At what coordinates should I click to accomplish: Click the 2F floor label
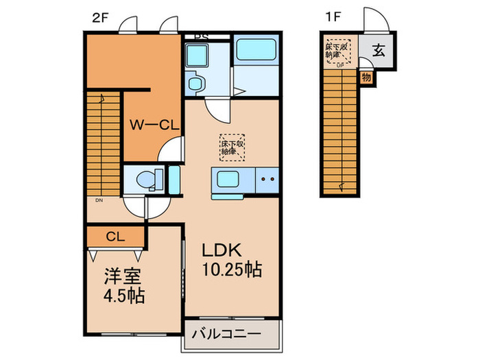[x=100, y=19]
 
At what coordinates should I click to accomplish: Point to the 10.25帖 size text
[x=230, y=269]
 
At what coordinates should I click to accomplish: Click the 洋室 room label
[x=118, y=279]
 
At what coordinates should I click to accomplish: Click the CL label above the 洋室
[x=115, y=237]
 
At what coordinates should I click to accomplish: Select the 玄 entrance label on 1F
[x=379, y=49]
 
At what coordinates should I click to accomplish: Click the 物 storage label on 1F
[x=366, y=77]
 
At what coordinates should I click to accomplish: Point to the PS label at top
[x=200, y=37]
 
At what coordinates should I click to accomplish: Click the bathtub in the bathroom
[x=256, y=51]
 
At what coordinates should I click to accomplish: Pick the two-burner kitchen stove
[x=267, y=181]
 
